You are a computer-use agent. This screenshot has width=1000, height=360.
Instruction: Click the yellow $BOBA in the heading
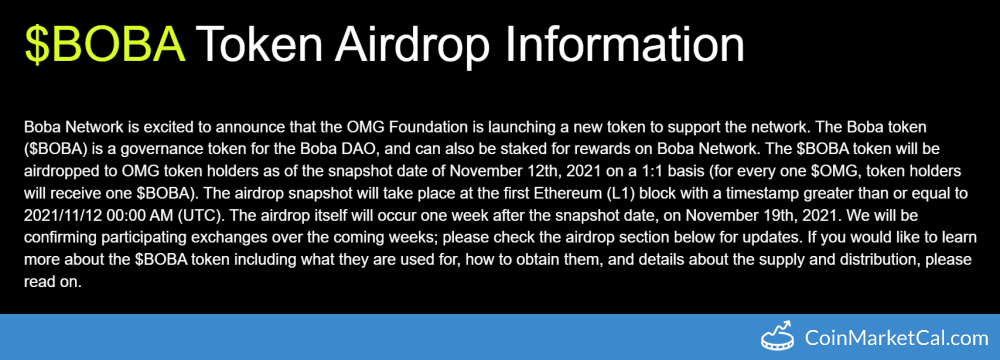[105, 45]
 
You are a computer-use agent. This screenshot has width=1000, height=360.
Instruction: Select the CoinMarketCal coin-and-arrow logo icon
[780, 335]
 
